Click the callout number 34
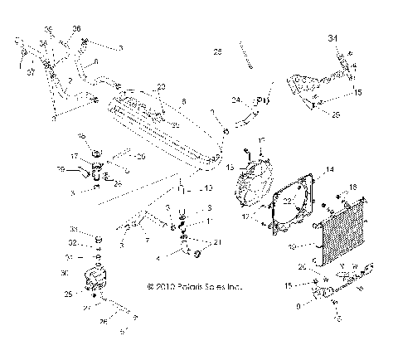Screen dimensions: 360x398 (x=333, y=38)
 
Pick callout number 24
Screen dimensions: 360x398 (x=235, y=100)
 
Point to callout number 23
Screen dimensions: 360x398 (x=161, y=86)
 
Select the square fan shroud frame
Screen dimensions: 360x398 (x=289, y=203)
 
